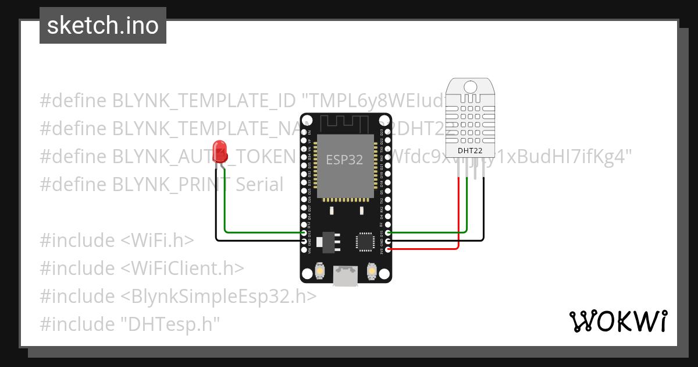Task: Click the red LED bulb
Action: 219,148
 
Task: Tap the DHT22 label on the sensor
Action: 470,151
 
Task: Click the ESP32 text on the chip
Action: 344,160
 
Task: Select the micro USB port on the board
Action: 346,276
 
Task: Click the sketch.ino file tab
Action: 103,26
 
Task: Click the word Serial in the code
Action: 259,185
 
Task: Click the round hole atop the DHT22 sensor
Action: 470,87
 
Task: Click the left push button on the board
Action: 319,271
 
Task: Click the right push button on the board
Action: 372,271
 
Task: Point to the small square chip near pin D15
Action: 366,241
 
